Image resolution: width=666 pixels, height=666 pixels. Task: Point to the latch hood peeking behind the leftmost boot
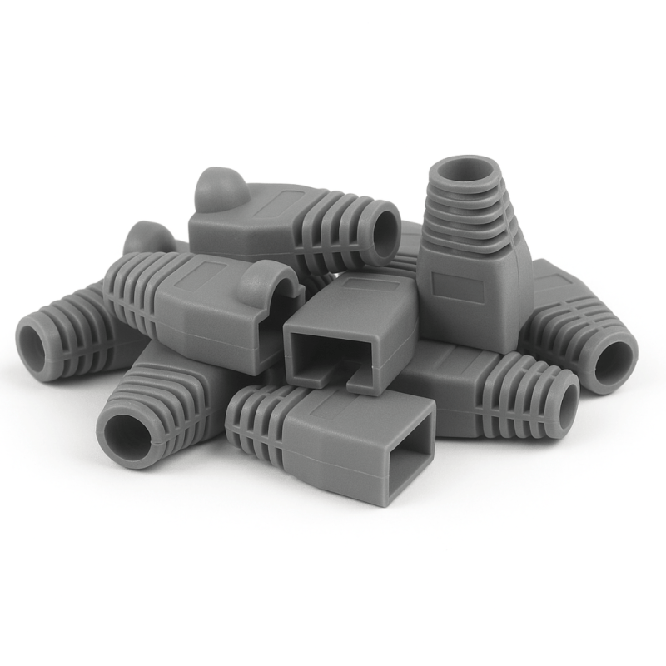pyautogui.click(x=148, y=237)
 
